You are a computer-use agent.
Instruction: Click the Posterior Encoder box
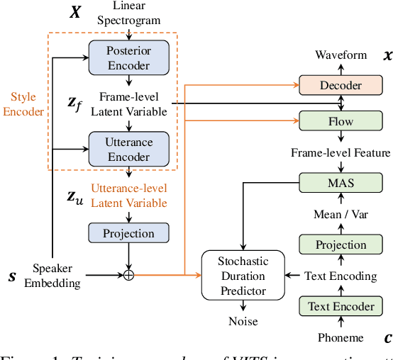point(128,58)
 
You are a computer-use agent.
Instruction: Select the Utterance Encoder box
point(128,148)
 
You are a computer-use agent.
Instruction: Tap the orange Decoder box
point(341,86)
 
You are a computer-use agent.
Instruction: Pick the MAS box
point(341,183)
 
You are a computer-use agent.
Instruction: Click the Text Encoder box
point(341,307)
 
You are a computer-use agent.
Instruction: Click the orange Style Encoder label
point(23,103)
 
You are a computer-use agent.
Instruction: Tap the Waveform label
point(341,55)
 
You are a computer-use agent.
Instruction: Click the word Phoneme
point(341,338)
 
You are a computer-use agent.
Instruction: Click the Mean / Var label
point(341,214)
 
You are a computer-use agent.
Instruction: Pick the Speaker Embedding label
point(56,276)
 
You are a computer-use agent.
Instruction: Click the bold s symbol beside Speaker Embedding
point(12,276)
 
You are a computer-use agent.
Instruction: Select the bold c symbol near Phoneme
point(387,338)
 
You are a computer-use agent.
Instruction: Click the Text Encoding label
point(341,275)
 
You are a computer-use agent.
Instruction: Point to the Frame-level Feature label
point(341,152)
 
